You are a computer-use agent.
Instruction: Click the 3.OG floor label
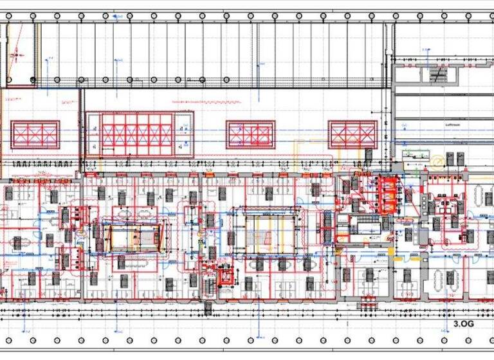pos(463,324)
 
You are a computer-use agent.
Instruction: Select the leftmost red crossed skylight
pos(35,135)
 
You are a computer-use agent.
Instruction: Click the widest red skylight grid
pos(139,134)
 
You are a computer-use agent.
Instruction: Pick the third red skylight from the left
pos(250,135)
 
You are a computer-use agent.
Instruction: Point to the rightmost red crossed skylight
pos(352,135)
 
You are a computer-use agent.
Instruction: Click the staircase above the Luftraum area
pos(438,75)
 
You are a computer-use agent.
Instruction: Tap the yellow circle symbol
pos(437,159)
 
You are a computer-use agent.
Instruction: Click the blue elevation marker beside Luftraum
pos(405,124)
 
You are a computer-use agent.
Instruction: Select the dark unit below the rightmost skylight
pos(369,155)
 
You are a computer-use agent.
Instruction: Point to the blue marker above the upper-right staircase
pos(425,50)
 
